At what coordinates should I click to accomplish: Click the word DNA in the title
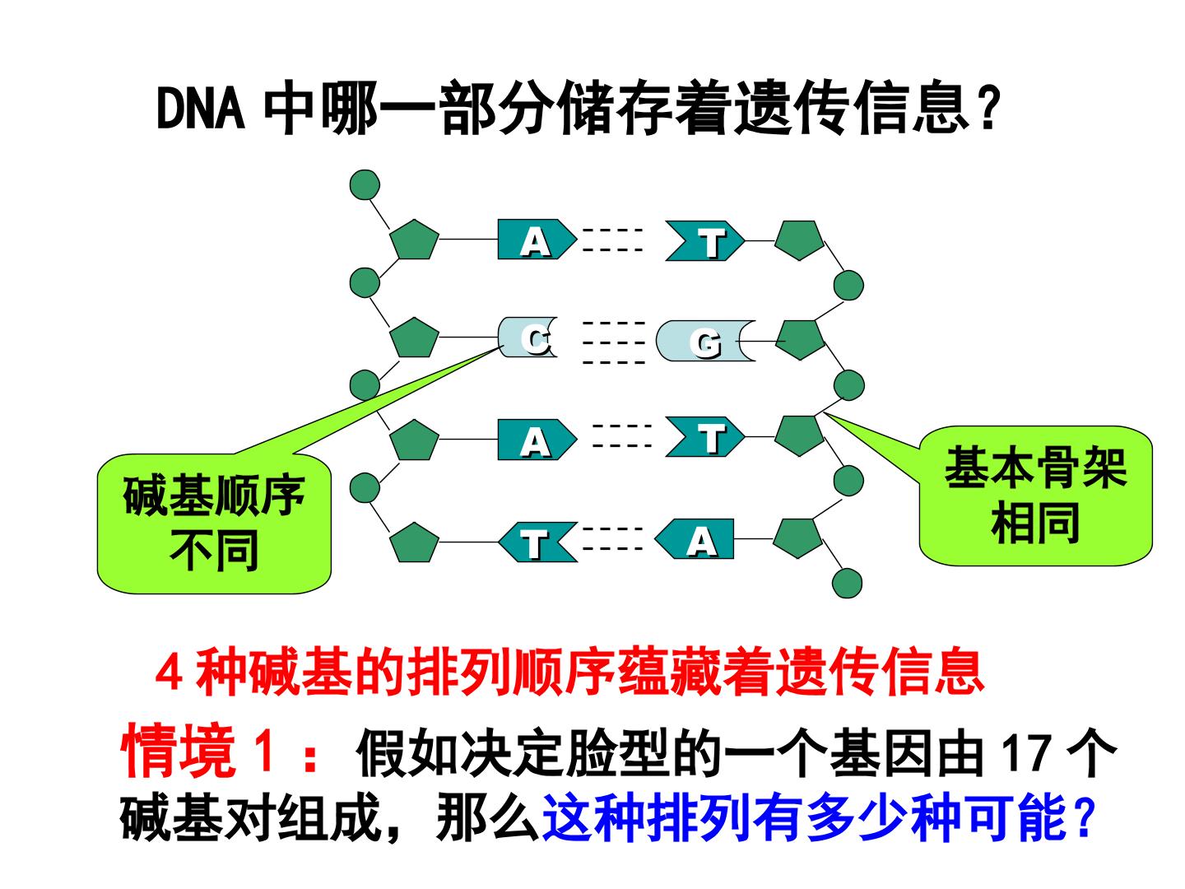coord(201,108)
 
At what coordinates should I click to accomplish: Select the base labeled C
coord(527,337)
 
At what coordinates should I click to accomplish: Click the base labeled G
coord(705,341)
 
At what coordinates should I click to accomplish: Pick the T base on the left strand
coord(537,542)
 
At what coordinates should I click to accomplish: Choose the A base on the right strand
coord(695,539)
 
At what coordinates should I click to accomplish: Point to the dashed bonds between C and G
coord(614,342)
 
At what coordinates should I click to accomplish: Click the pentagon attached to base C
coord(414,337)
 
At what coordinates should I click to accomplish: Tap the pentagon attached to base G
coord(800,340)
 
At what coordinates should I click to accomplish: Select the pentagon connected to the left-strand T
coord(414,542)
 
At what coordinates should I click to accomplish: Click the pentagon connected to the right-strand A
coord(797,538)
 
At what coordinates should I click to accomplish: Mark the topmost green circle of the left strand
coord(365,185)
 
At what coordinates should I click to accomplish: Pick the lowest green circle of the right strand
coord(847,584)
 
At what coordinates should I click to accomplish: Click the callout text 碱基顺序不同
coord(214,523)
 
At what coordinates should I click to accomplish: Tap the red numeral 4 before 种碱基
coord(168,674)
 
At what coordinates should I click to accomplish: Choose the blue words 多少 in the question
coord(858,818)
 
